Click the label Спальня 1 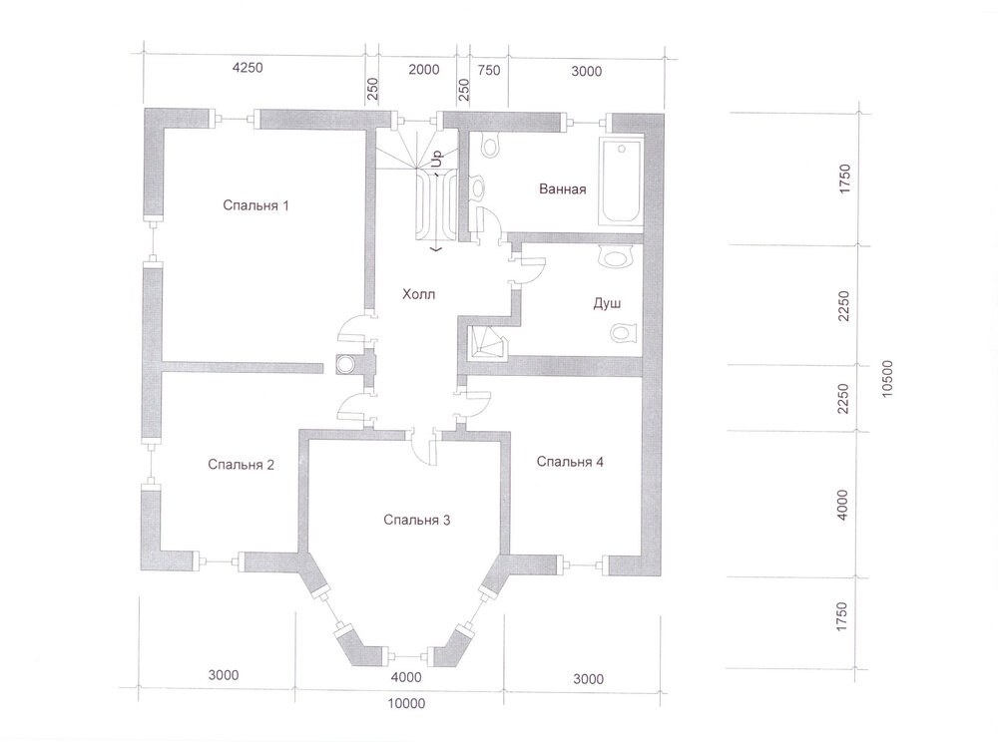point(255,205)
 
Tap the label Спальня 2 point(242,465)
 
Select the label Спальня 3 point(417,521)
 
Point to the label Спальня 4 point(570,462)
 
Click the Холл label point(419,294)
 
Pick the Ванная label point(563,188)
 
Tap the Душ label point(607,304)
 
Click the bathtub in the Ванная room point(622,182)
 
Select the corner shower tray point(488,345)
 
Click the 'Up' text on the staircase point(437,159)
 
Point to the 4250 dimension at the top point(247,68)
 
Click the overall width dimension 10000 point(406,704)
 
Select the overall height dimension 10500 point(887,379)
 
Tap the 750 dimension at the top point(489,71)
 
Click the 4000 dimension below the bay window point(406,677)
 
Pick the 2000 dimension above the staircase point(424,69)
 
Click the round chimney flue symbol point(346,364)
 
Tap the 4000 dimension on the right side point(842,505)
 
